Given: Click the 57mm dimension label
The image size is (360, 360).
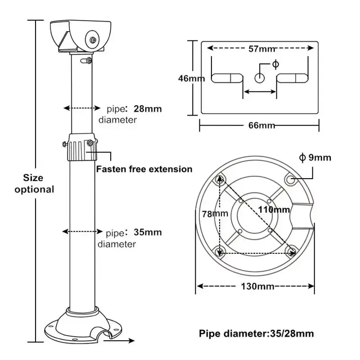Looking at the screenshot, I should [262, 49].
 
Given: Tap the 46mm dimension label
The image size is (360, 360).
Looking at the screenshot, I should [191, 78].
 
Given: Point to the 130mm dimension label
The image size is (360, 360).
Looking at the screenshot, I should [256, 286].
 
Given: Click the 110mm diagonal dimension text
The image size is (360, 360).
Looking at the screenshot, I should [274, 209].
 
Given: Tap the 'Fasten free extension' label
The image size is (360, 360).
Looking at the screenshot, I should [144, 169].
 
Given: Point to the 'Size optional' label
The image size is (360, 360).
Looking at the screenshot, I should [34, 184].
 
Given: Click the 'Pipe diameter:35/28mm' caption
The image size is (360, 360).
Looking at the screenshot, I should [256, 333].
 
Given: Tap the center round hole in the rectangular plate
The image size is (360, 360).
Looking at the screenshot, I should [260, 78].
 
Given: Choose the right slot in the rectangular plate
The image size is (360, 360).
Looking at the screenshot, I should [292, 78].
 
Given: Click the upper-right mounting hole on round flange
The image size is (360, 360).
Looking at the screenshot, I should [291, 179].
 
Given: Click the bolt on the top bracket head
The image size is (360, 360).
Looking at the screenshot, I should [93, 40].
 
